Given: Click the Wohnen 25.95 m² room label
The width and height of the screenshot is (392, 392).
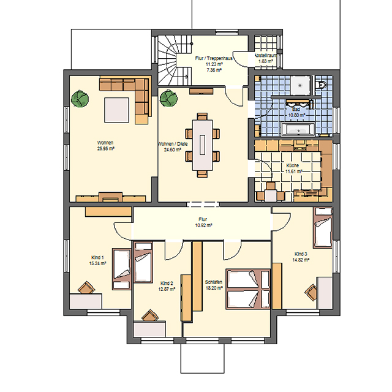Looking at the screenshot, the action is click(105, 146).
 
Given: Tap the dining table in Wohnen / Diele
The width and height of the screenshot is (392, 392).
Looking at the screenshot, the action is click(202, 145).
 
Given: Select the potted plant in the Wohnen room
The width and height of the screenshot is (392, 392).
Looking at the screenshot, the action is click(80, 99).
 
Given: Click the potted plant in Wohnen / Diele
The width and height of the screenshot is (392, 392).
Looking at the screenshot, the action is click(169, 99).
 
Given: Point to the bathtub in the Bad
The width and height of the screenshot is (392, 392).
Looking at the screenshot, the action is click(298, 129).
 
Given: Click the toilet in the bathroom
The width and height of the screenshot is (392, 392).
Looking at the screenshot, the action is click(321, 85).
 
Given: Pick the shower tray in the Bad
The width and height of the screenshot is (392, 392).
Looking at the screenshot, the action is click(300, 85).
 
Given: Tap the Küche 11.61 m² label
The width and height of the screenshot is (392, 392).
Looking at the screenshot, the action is click(293, 168).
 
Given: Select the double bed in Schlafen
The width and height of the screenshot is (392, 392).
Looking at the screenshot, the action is click(248, 289).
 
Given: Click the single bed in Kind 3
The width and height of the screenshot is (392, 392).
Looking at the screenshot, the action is click(323, 227).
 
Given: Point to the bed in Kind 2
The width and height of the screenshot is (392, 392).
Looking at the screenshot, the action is click(143, 262).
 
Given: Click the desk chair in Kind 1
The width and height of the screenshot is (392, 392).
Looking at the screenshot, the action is click(86, 288).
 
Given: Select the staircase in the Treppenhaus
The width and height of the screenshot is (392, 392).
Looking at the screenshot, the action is click(175, 60).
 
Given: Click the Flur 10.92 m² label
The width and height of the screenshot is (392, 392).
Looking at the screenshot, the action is click(203, 222).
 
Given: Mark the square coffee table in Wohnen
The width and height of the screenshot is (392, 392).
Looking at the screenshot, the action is click(116, 110).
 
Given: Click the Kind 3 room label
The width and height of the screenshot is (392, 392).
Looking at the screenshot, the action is click(301, 257).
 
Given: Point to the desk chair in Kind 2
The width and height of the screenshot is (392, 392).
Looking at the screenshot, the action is click(150, 315).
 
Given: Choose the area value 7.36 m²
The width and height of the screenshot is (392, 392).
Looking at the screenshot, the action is click(214, 70).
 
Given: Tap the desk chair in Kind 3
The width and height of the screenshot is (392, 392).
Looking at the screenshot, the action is click(311, 292).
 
